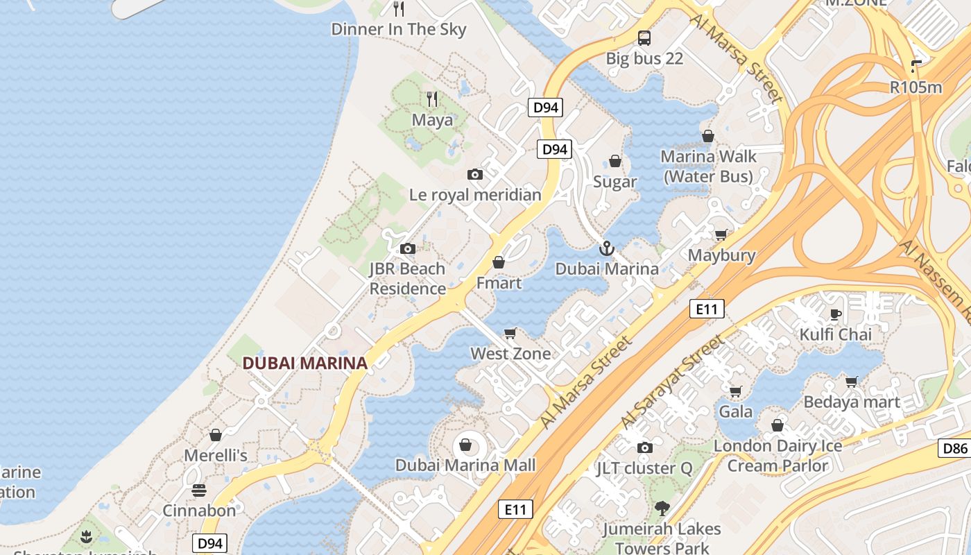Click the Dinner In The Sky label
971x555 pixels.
(x=399, y=29)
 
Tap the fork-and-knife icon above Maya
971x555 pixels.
(x=432, y=99)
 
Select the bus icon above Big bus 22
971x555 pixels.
(x=644, y=37)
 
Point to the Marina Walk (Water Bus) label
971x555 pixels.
(x=708, y=166)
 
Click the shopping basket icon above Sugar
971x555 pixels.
(x=615, y=162)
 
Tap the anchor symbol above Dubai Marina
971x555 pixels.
(x=607, y=248)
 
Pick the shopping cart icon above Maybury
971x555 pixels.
(x=721, y=234)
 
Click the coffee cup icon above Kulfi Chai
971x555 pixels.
(x=836, y=314)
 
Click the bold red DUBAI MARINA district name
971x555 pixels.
(x=304, y=363)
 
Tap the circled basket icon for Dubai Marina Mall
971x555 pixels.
(x=465, y=444)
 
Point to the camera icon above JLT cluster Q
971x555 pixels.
(x=645, y=447)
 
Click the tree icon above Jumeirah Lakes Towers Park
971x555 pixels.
(x=662, y=508)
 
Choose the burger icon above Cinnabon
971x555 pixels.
(x=199, y=490)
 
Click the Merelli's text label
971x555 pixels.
(x=216, y=456)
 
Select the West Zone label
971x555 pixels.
(x=510, y=354)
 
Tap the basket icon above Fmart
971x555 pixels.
(x=498, y=262)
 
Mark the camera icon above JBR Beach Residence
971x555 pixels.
(x=407, y=248)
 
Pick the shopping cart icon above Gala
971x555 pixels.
(x=735, y=391)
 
